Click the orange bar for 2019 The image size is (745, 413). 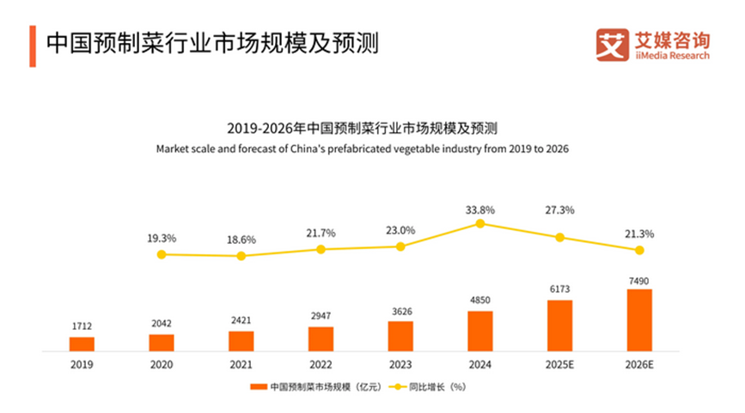tap(82, 343)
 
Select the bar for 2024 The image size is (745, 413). tap(480, 331)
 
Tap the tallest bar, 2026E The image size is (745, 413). tap(639, 319)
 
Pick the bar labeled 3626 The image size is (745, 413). tap(400, 336)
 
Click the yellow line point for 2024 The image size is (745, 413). tap(480, 223)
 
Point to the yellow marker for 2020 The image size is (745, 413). tap(162, 254)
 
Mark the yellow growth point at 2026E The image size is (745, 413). tap(639, 250)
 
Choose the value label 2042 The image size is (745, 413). tap(162, 324)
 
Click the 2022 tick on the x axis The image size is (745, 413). tap(321, 364)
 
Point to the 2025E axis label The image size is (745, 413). tap(559, 364)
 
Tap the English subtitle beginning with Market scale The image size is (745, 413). tap(362, 149)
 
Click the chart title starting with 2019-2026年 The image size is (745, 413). tap(362, 129)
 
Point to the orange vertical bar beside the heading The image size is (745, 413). tap(33, 45)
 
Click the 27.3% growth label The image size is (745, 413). tap(559, 210)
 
